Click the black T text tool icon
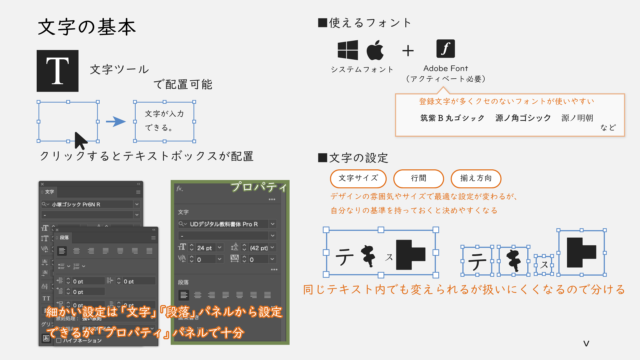click(x=58, y=71)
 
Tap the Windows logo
click(x=348, y=50)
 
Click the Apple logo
click(x=375, y=50)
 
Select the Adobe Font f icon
click(x=445, y=49)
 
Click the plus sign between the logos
click(x=408, y=51)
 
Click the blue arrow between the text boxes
click(x=116, y=121)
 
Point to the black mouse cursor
click(x=80, y=140)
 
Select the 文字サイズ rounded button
click(x=358, y=178)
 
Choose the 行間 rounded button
click(x=418, y=178)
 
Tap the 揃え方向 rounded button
click(x=476, y=178)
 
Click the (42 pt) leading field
click(x=259, y=248)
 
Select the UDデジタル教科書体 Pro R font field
click(x=224, y=224)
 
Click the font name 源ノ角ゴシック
click(x=523, y=118)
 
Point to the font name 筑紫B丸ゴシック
click(x=452, y=118)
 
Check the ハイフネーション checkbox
click(x=59, y=340)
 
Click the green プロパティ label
click(x=259, y=187)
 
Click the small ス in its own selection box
click(x=544, y=265)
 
